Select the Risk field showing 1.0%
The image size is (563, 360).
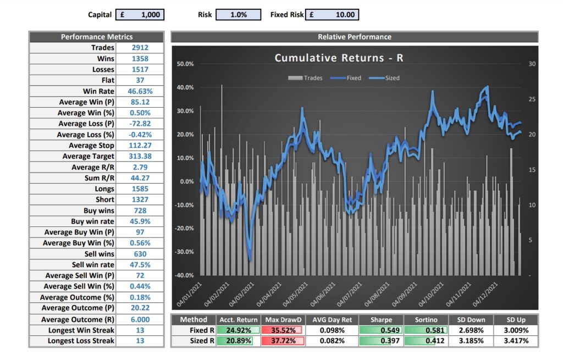coord(238,15)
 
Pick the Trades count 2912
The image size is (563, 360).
coord(140,48)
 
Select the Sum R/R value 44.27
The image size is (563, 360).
coord(140,178)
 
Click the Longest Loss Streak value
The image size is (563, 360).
coord(140,341)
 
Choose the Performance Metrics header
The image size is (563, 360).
coord(96,37)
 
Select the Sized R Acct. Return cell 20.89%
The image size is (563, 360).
coord(236,341)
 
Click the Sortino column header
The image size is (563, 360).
coord(426,320)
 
